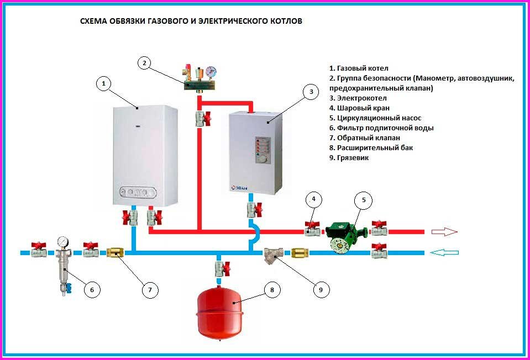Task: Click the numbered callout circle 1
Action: (104, 83)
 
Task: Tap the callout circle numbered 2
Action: (144, 63)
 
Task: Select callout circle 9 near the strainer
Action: (321, 289)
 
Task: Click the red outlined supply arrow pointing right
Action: (444, 232)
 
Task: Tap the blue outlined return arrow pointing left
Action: (445, 253)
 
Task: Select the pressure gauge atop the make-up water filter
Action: (62, 241)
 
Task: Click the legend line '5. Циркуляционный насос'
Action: (375, 118)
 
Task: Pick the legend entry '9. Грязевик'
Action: (349, 157)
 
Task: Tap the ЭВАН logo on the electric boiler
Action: (239, 188)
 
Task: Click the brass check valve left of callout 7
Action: (116, 253)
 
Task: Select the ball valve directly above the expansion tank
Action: (222, 268)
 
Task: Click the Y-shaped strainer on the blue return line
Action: (274, 255)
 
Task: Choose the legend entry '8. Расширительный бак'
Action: (371, 147)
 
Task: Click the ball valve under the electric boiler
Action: (254, 209)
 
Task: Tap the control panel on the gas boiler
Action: (138, 193)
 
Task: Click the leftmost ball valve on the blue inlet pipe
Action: (39, 250)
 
